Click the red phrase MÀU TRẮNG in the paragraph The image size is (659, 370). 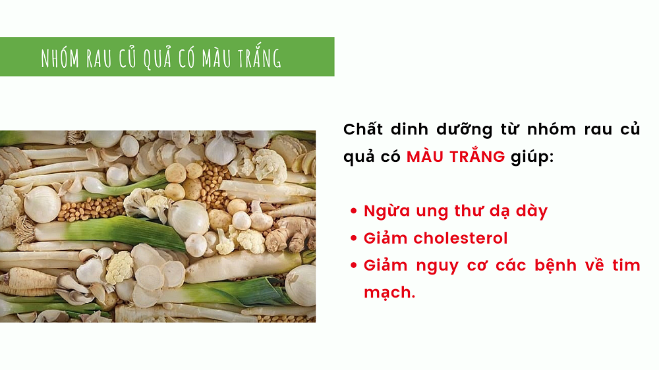coord(455,156)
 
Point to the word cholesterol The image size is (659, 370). coord(461,238)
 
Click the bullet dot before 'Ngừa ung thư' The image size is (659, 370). coord(353,211)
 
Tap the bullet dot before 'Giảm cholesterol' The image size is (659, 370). coord(353,238)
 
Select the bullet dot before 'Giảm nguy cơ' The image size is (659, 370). coord(353,265)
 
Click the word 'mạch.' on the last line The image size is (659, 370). coord(389,293)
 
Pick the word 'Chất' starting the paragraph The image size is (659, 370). coord(363,129)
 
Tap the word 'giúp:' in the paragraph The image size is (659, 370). coord(532,157)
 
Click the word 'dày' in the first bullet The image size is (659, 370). coord(532,211)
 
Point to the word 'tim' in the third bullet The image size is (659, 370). coord(626,265)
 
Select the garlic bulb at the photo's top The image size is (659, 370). coord(220,149)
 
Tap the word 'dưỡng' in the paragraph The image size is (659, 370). coord(465,130)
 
